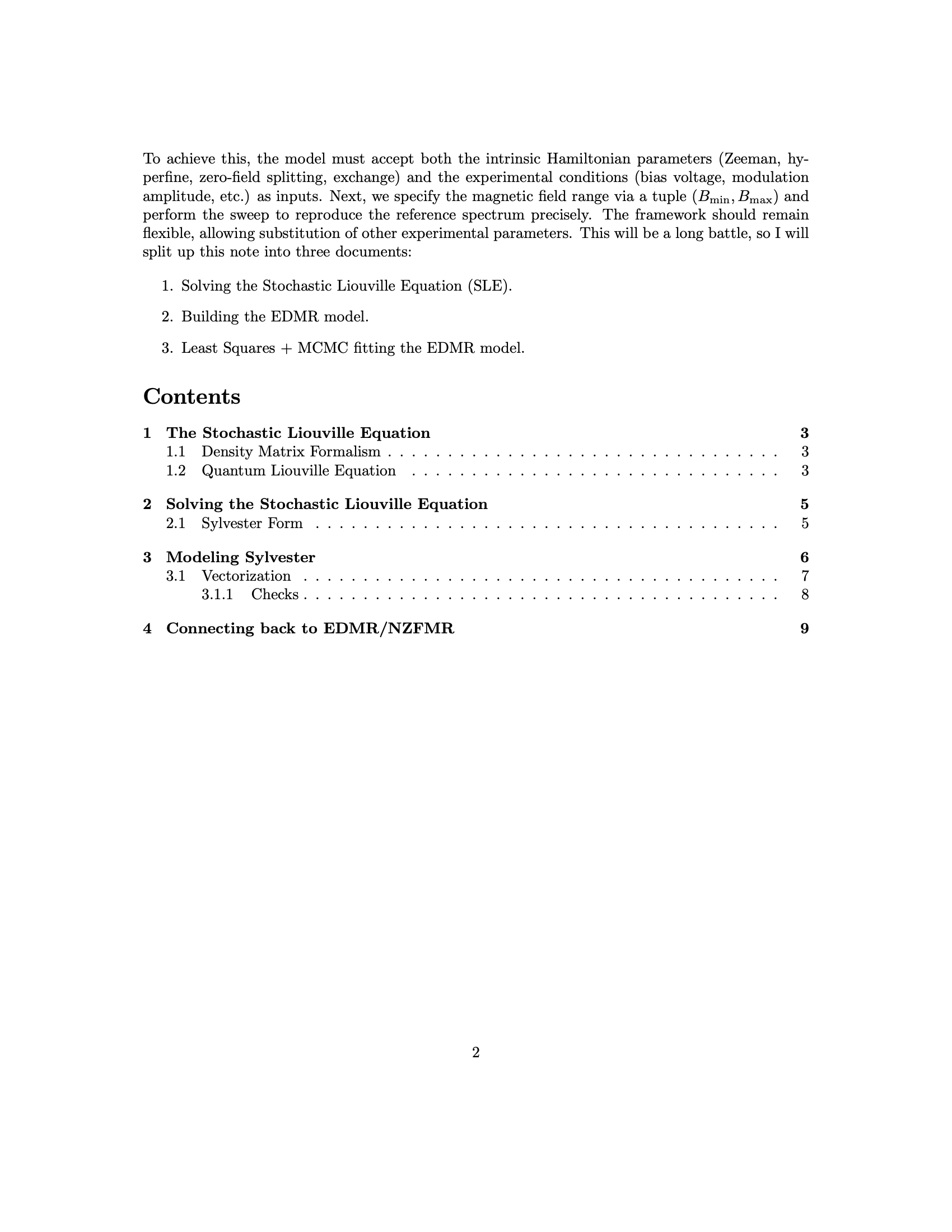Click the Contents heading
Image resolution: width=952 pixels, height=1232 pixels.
click(x=192, y=396)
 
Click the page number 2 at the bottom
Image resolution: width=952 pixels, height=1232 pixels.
click(x=475, y=1052)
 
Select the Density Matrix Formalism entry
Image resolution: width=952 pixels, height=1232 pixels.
click(x=291, y=452)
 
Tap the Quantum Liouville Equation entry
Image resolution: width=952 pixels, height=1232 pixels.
click(x=298, y=470)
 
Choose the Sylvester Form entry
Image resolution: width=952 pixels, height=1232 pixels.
click(x=251, y=524)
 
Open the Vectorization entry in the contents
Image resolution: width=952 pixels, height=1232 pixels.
click(x=246, y=576)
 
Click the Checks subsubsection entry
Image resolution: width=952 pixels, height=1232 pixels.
click(x=274, y=595)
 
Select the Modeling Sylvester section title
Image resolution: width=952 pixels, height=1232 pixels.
click(x=240, y=557)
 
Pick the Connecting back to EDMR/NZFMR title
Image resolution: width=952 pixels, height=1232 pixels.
click(x=310, y=628)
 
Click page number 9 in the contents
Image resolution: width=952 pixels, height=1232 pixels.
click(x=804, y=628)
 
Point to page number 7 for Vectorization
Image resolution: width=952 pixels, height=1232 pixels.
click(x=805, y=576)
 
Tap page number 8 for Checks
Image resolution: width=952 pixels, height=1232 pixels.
click(x=805, y=595)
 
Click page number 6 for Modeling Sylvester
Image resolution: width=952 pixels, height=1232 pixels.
click(x=804, y=557)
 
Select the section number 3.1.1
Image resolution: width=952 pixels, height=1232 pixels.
click(x=217, y=595)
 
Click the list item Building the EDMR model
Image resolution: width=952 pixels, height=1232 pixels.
click(x=274, y=317)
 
